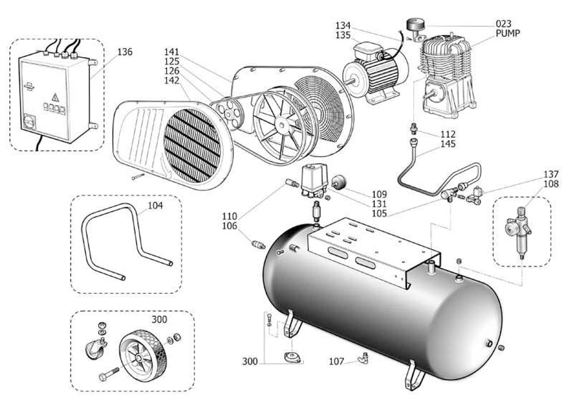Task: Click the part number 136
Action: (124, 52)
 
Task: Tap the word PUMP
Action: (508, 33)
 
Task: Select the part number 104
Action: (155, 206)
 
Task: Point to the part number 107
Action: (336, 361)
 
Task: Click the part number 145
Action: (448, 144)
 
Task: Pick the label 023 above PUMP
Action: (503, 24)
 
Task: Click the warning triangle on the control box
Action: (55, 97)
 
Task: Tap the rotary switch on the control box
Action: (28, 121)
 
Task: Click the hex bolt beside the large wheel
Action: (108, 375)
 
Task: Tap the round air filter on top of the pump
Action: (417, 25)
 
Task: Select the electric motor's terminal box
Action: (367, 50)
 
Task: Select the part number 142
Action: (172, 80)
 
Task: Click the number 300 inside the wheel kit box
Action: (159, 320)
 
